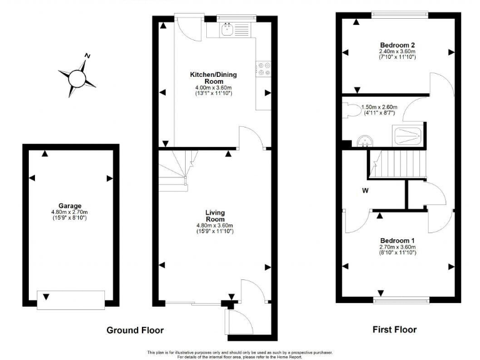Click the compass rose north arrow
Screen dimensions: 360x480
point(87,58)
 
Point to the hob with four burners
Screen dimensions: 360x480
point(263,67)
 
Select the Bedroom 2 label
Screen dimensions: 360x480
point(397,45)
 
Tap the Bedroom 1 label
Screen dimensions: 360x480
point(397,241)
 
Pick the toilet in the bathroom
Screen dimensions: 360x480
point(353,109)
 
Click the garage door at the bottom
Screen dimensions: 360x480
point(71,300)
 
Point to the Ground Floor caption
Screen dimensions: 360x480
point(135,330)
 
